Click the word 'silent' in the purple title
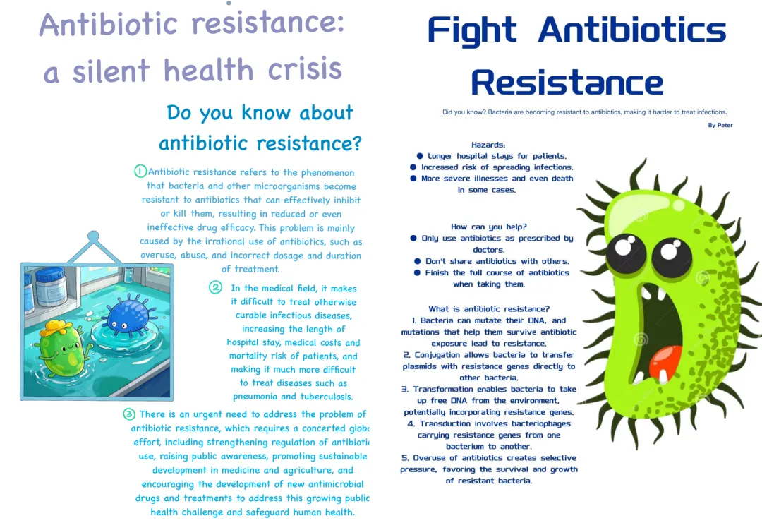[x=111, y=71]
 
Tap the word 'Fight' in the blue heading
[x=472, y=31]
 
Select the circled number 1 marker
[x=140, y=171]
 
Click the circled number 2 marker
[x=216, y=287]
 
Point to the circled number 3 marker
[x=129, y=414]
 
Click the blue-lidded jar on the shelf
[x=51, y=286]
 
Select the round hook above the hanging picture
[x=93, y=236]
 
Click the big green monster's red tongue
[x=666, y=363]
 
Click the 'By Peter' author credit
[x=720, y=125]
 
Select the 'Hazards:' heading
[x=488, y=145]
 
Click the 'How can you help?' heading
[x=488, y=227]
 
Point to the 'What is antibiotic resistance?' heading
[x=489, y=308]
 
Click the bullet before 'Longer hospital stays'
[x=420, y=156]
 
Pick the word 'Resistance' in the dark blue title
[x=567, y=83]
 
